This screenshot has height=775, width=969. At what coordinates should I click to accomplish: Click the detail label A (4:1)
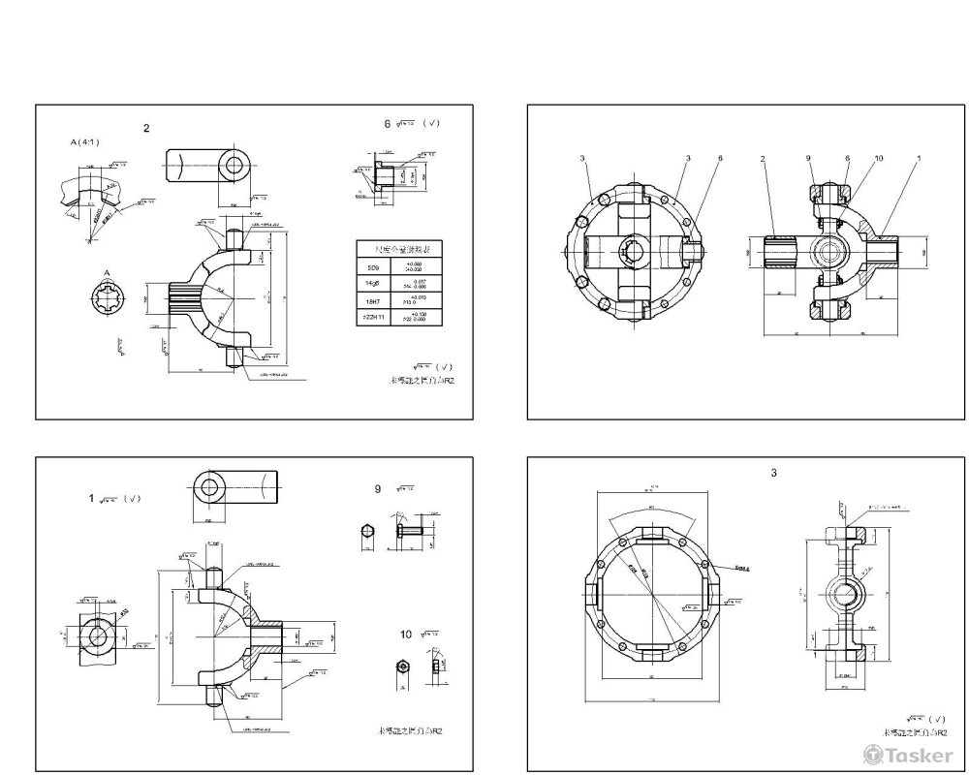coord(84,141)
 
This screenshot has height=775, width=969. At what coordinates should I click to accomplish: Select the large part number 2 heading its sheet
coord(146,128)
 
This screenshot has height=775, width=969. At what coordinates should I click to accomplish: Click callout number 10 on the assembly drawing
coord(878,158)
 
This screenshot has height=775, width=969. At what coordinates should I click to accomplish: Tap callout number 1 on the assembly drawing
coord(919,158)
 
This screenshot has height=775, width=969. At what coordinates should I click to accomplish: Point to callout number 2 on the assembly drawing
coord(764,158)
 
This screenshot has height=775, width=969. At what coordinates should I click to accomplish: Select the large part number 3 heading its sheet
coord(773,473)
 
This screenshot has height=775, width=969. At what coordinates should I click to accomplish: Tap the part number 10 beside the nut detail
coord(406,634)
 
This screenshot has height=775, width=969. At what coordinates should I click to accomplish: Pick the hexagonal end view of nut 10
coord(401,666)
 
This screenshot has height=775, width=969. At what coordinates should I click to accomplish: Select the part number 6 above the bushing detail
coord(387,124)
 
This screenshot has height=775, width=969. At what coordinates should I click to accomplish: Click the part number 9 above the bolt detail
coord(378,489)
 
